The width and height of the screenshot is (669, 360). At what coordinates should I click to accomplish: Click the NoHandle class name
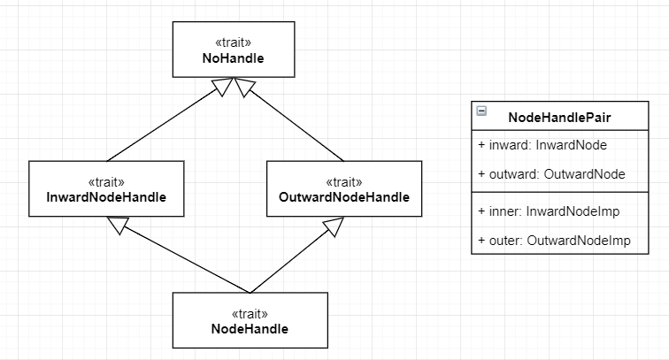[x=233, y=58]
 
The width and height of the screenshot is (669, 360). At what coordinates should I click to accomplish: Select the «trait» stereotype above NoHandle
[x=234, y=42]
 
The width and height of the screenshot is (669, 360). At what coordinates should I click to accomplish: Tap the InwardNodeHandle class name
[x=106, y=197]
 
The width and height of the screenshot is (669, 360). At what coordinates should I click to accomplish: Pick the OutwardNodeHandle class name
[x=344, y=197]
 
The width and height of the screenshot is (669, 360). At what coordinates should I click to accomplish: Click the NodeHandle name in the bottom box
[x=250, y=329]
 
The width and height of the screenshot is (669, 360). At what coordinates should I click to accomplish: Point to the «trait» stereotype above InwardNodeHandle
[x=106, y=182]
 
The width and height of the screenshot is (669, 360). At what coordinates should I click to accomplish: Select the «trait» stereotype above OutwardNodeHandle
[x=344, y=182]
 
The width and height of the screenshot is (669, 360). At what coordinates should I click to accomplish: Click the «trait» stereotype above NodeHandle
[x=250, y=314]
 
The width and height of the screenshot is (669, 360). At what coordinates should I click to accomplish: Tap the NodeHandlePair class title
[x=559, y=118]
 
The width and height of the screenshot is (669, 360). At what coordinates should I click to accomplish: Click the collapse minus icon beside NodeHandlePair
[x=481, y=111]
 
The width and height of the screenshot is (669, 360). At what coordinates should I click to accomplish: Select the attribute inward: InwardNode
[x=542, y=145]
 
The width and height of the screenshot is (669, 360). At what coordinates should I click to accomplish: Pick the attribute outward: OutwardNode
[x=551, y=174]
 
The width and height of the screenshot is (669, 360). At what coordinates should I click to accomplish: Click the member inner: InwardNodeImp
[x=549, y=211]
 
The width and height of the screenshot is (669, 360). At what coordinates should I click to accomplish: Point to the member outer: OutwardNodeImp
[x=554, y=240]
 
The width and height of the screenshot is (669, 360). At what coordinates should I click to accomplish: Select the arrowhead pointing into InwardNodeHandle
[x=118, y=225]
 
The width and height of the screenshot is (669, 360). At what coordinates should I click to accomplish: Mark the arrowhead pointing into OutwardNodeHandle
[x=334, y=226]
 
